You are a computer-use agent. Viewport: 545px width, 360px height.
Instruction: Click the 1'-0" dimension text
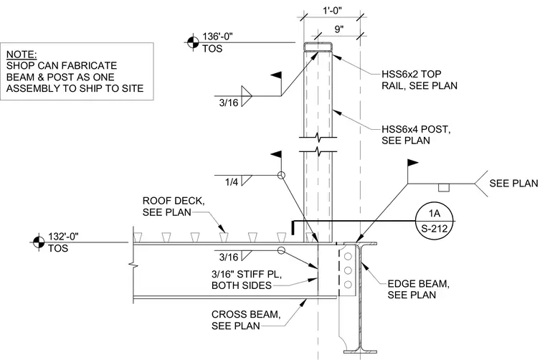332,11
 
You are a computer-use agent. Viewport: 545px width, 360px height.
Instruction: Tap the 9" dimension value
339,29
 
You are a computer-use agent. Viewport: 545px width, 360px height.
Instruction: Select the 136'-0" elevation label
217,36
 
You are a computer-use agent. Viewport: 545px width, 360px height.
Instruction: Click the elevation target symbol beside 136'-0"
193,42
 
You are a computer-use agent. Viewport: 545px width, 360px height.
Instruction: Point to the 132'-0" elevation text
63,236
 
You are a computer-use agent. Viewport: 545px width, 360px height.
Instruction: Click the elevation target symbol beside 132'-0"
39,242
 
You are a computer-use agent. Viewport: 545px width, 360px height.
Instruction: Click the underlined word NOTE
22,55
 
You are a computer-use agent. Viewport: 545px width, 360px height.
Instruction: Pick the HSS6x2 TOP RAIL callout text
420,80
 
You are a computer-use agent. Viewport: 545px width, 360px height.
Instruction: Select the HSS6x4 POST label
416,135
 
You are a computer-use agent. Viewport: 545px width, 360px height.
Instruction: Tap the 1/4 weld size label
232,181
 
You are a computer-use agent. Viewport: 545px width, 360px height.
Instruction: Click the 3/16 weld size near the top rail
229,103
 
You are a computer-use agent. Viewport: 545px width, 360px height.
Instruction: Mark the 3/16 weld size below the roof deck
229,257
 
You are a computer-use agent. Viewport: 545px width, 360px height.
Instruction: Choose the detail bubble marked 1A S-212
435,221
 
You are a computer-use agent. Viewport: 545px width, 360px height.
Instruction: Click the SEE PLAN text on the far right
513,183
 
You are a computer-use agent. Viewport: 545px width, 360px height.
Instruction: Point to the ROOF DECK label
173,207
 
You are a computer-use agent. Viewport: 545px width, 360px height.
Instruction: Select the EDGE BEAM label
419,289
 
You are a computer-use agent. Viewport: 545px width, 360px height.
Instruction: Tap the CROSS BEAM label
246,320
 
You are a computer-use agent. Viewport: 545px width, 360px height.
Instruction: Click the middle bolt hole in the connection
348,270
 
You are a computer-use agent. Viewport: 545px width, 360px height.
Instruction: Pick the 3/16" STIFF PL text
247,274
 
